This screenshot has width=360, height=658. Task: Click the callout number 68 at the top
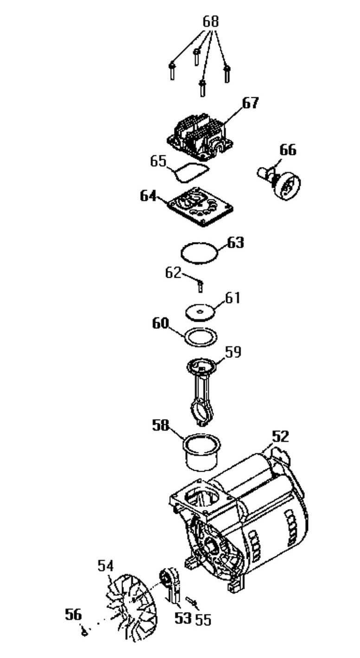coord(211,22)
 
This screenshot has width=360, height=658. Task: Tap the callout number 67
coord(251,103)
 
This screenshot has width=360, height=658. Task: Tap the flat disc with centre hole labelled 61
coord(200,312)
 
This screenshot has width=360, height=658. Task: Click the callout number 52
coord(280,436)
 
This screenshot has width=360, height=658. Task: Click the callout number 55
coord(203,620)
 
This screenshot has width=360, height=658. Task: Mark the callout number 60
coord(161,323)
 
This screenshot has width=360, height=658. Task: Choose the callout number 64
coord(148,196)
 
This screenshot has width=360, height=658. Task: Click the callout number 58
coord(161,425)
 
